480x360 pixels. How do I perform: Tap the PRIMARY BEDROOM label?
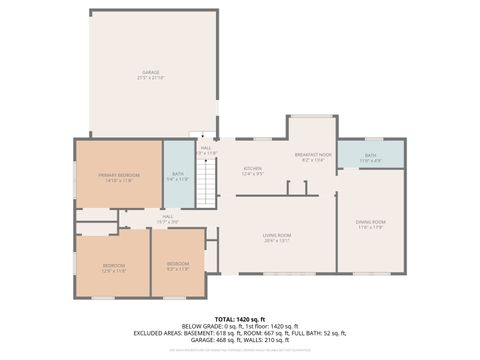click(118, 175)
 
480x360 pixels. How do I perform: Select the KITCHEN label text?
click(253, 168)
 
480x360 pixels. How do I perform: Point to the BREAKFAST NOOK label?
click(312, 155)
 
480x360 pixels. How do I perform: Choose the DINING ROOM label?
click(370, 221)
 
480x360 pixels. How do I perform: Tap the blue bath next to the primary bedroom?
click(178, 175)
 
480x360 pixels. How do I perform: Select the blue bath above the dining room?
click(370, 154)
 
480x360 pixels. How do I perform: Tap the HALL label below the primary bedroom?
click(168, 216)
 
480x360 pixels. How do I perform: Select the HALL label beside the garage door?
click(205, 148)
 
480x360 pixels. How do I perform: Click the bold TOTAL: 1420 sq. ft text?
click(240, 318)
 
